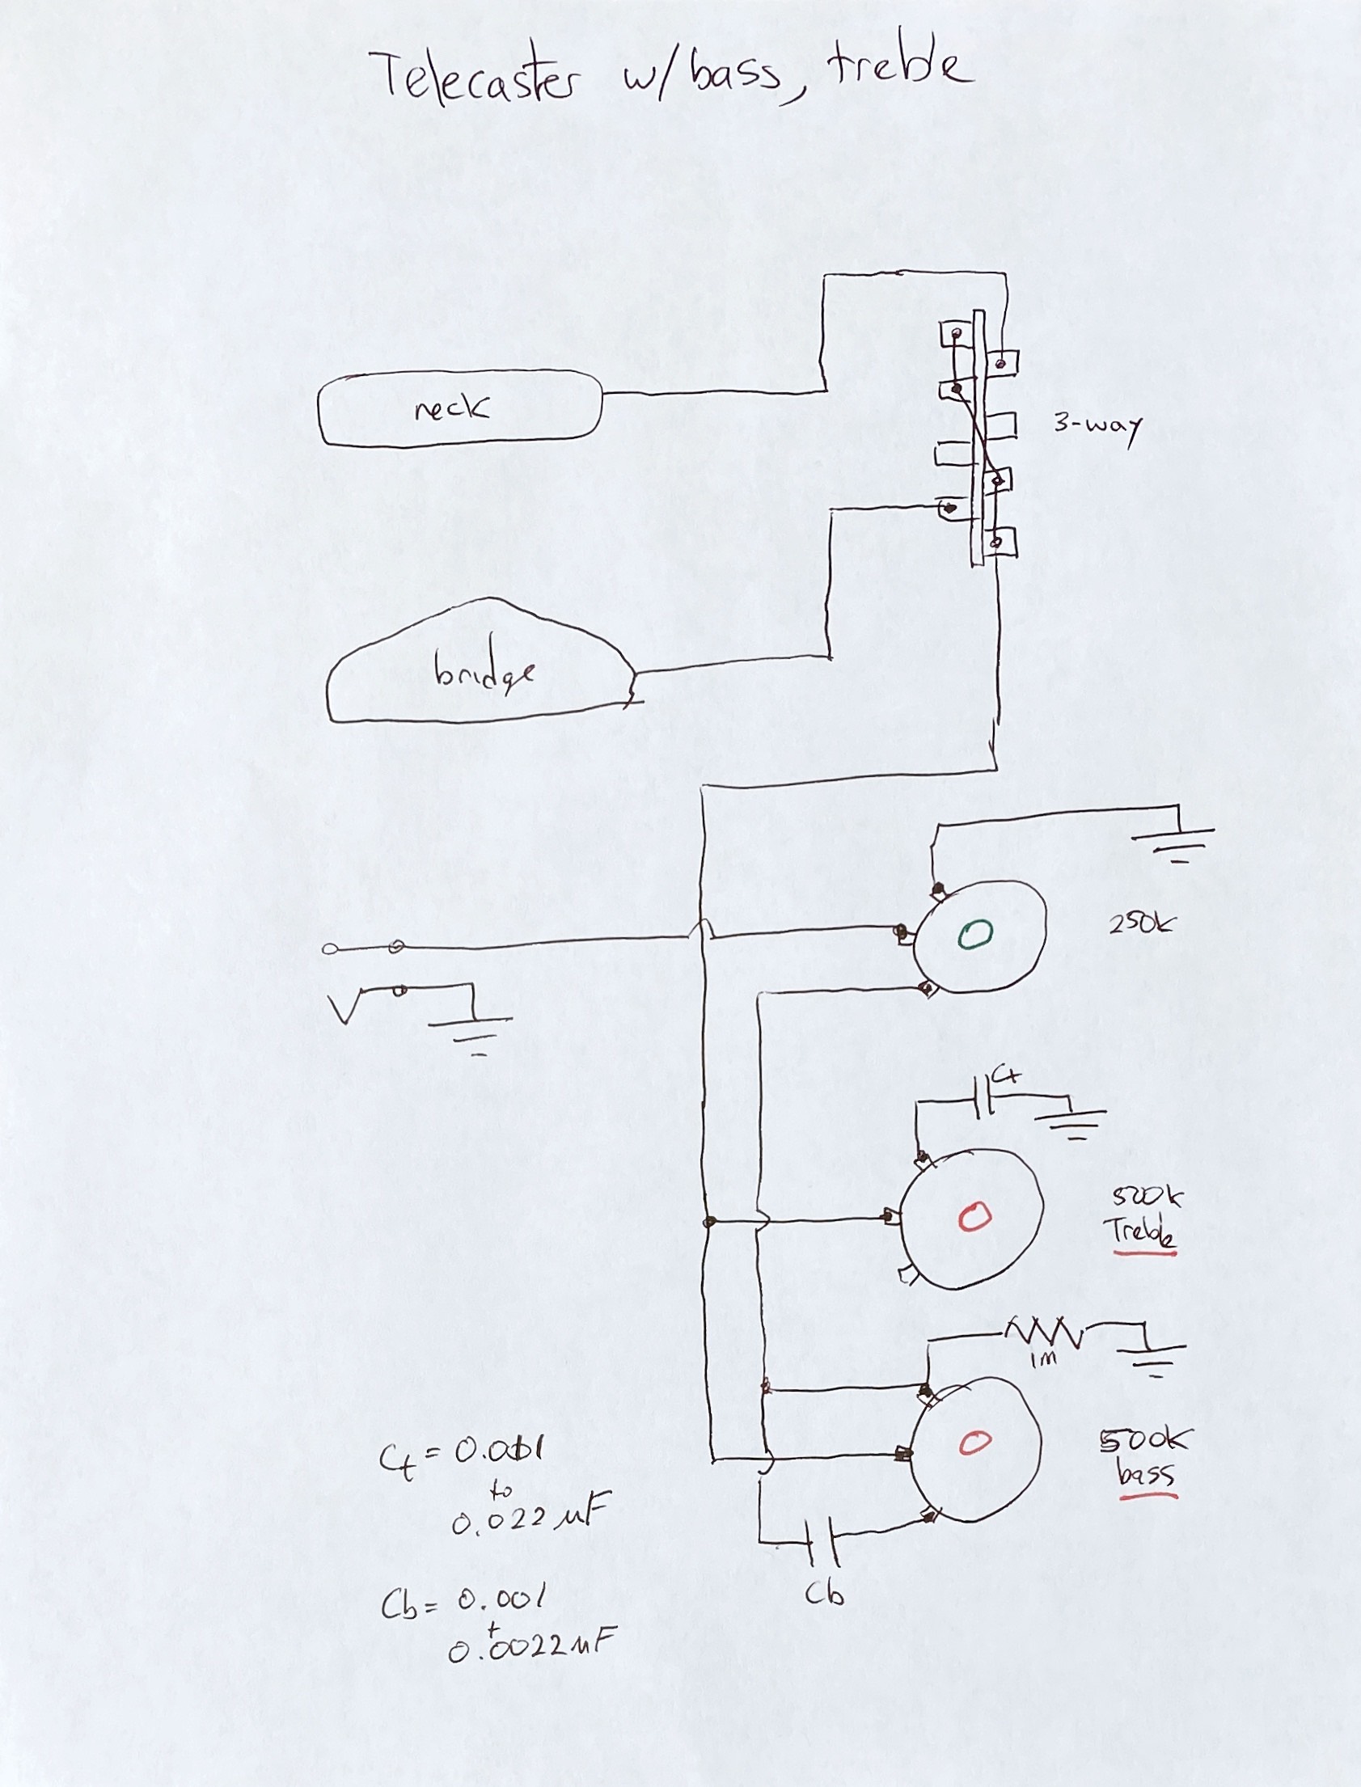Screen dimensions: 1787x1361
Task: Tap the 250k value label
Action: (x=1140, y=923)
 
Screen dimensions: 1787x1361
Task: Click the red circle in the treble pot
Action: (x=974, y=1216)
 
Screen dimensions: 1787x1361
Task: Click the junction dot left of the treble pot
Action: (x=711, y=1221)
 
